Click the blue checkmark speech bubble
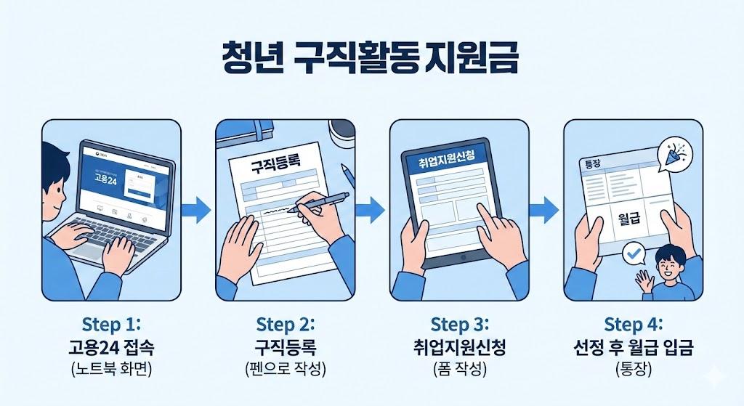pos(634,253)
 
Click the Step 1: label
pos(110,322)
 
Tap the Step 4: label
pos(634,322)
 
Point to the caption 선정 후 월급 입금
pos(634,346)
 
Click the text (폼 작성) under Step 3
pos(459,368)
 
